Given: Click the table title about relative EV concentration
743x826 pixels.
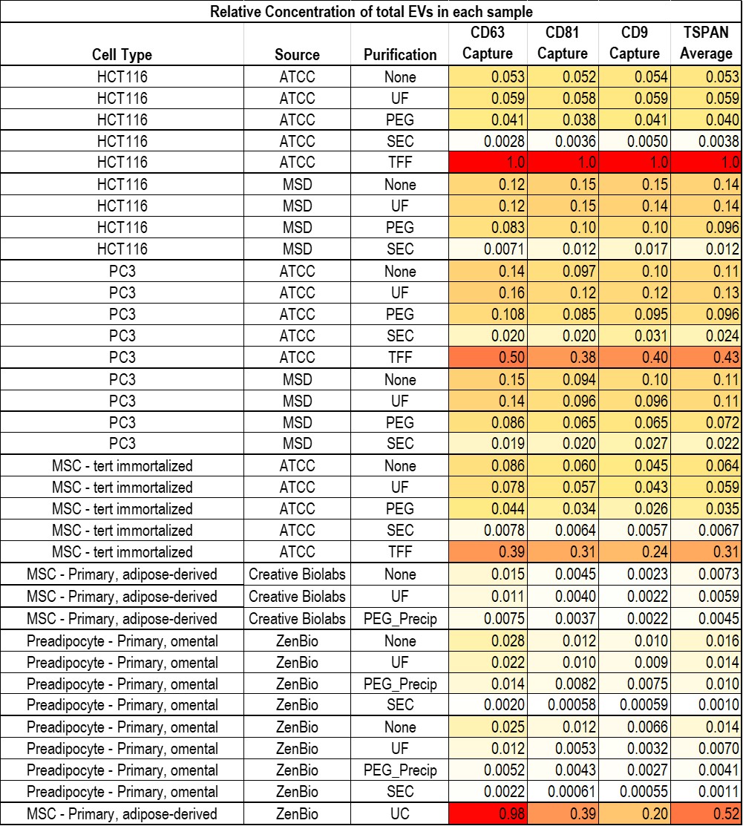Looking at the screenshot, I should (x=371, y=11).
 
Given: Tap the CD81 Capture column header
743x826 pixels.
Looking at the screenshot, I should (x=562, y=43).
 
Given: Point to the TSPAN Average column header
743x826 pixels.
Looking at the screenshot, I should (x=706, y=43).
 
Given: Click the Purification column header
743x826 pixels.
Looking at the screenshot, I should (x=400, y=54).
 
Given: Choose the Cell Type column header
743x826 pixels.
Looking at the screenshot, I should (x=122, y=54).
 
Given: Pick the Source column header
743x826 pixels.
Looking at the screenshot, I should (x=297, y=54).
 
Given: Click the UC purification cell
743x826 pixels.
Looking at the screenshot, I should (x=400, y=814).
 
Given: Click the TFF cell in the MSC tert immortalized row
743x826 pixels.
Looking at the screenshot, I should (x=400, y=552).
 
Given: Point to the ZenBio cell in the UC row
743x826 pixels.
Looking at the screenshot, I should (x=297, y=814).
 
